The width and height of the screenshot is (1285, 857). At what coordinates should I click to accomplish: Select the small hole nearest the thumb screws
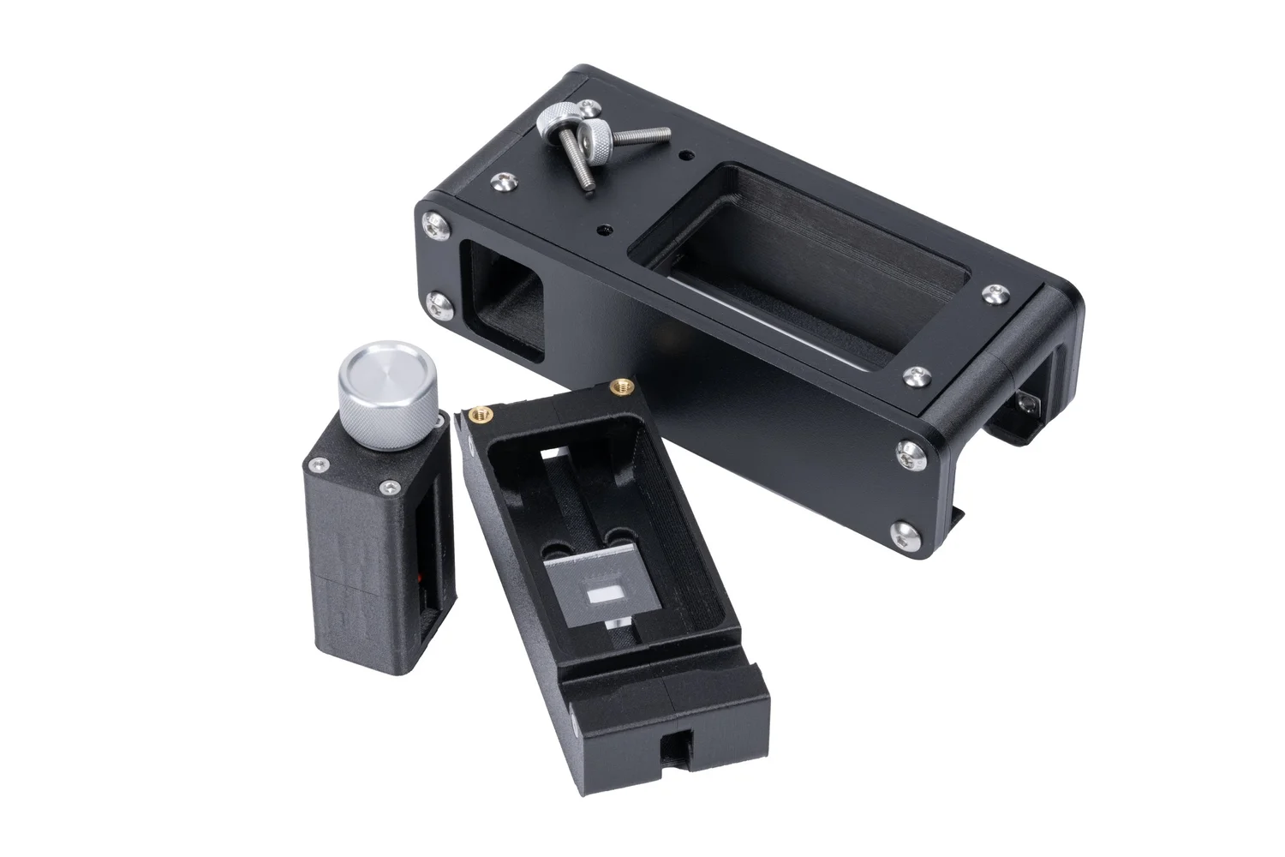tap(684, 157)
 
